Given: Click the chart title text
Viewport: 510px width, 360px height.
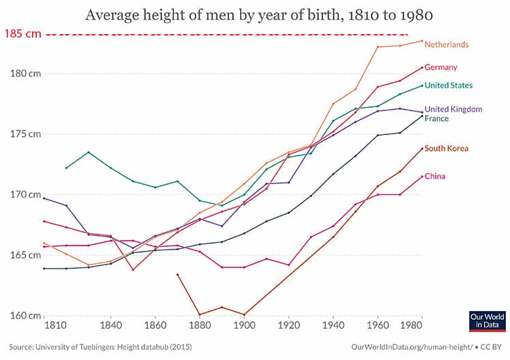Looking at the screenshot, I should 255,15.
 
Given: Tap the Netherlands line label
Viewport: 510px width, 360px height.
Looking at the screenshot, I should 447,45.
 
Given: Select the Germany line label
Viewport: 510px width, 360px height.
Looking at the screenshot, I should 440,67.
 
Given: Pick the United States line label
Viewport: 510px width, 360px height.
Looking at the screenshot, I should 449,86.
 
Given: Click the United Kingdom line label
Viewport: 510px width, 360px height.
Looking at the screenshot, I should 453,109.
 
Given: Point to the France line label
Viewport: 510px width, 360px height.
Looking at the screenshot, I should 436,119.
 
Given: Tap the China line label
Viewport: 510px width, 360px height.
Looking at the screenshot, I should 436,177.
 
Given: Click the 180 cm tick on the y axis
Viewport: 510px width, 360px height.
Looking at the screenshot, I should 25,74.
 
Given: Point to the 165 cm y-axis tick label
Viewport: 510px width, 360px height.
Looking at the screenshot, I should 25,255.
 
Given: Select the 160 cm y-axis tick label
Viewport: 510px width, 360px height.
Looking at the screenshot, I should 25,316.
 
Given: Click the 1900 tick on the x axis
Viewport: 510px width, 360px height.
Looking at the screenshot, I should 244,326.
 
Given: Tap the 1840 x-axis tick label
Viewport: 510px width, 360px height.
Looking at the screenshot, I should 111,326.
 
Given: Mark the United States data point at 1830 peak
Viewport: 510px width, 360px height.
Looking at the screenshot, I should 89,152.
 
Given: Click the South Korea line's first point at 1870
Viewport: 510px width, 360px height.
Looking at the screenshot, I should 177,274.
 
